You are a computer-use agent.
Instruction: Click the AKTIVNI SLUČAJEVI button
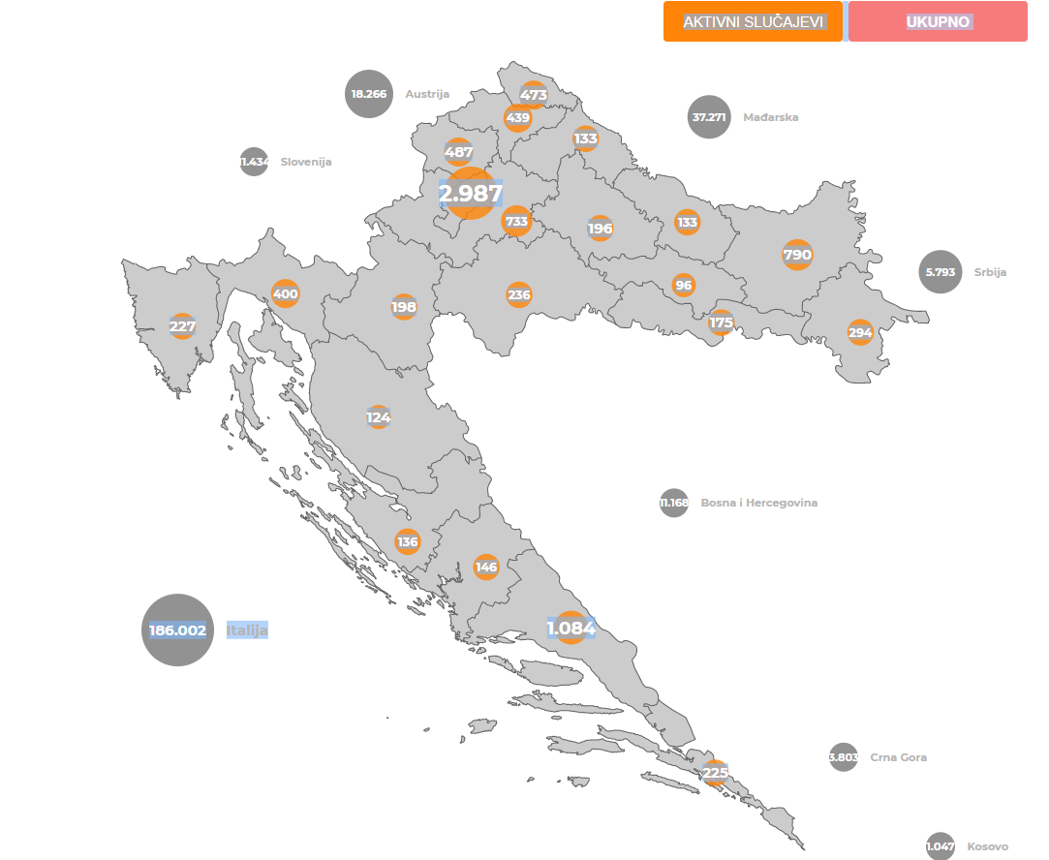point(753,22)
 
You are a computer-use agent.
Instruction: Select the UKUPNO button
point(938,22)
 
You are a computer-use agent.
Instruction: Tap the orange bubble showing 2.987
point(471,194)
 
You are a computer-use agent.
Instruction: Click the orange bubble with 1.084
point(571,629)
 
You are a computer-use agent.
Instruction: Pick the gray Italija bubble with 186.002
point(177,630)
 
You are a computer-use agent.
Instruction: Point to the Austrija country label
point(427,94)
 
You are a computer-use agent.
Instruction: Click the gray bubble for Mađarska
point(709,117)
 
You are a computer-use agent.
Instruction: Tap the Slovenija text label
point(306,162)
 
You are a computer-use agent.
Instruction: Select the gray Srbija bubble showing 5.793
point(941,272)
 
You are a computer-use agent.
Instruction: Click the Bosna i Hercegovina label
point(759,503)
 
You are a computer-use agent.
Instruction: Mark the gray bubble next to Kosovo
point(941,846)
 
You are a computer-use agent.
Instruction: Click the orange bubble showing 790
point(797,256)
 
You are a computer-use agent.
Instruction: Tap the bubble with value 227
point(182,326)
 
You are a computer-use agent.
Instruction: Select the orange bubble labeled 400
point(286,293)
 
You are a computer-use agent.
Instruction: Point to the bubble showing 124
point(379,418)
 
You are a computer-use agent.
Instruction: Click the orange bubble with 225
point(715,772)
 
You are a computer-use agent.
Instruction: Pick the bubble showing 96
point(684,286)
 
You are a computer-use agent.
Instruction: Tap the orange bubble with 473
point(534,95)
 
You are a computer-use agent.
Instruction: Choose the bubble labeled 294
point(860,333)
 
